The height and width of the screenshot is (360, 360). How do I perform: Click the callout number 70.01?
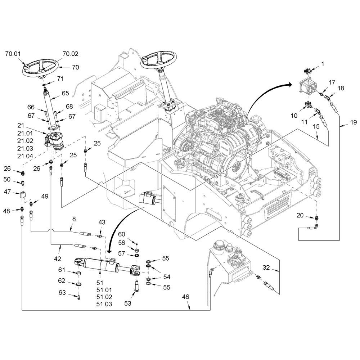[13, 54]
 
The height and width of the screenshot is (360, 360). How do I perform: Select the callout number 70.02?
[70, 54]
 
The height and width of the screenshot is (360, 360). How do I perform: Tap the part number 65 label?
[65, 93]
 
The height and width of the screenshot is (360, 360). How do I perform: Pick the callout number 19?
[353, 123]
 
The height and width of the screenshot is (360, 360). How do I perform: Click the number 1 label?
[323, 64]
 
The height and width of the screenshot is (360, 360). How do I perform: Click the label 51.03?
[104, 304]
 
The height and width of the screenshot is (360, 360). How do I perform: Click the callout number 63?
[63, 293]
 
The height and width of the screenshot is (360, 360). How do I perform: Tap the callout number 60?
[122, 234]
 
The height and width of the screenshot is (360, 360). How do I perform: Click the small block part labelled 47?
[23, 195]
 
